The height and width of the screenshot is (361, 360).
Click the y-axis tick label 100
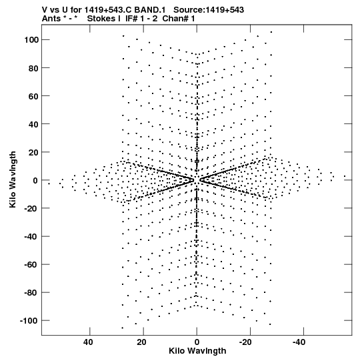tap(31, 40)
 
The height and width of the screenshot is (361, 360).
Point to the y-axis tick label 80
tap(33, 68)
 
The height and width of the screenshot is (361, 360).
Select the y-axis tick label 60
tap(33, 96)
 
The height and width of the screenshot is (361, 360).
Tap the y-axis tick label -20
tap(32, 208)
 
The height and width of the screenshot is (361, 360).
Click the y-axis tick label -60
tap(32, 264)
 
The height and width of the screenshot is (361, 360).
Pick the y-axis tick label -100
tap(29, 321)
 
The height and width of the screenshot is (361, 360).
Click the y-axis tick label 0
tap(35, 180)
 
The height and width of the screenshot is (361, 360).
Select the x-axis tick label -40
tap(299, 342)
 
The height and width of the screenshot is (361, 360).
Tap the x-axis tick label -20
tap(245, 342)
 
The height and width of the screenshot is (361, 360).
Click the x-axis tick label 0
tap(197, 342)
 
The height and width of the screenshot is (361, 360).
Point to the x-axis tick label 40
tap(88, 342)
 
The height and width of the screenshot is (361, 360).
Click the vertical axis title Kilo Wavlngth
tap(13, 179)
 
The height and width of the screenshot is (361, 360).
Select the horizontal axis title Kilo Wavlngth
tap(197, 351)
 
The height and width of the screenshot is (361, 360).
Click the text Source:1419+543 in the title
tap(209, 10)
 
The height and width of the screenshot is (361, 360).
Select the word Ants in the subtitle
tap(51, 19)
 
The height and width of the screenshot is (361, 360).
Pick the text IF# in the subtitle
tap(131, 19)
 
